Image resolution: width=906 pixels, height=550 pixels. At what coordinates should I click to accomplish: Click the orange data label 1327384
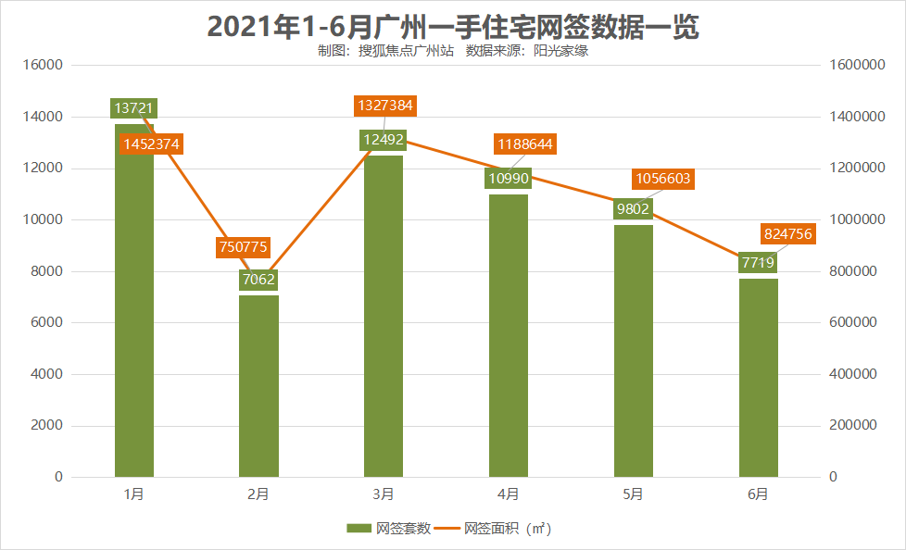point(384,106)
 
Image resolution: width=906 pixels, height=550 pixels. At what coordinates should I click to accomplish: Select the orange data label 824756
point(786,234)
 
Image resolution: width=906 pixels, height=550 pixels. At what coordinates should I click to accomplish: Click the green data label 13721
point(134,108)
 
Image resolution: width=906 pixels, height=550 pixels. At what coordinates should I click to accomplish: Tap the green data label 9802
point(633,209)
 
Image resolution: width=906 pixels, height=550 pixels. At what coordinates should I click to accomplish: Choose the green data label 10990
point(508,178)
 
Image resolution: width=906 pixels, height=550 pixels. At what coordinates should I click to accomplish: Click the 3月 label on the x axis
point(384,494)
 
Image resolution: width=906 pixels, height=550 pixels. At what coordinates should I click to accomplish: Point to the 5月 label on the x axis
point(633,494)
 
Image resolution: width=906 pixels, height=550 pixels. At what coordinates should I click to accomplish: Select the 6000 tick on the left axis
point(47,323)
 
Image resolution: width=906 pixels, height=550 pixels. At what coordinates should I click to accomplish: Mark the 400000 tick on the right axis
point(852,374)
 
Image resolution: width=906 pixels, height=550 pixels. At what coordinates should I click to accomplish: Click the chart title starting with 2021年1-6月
point(453,26)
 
